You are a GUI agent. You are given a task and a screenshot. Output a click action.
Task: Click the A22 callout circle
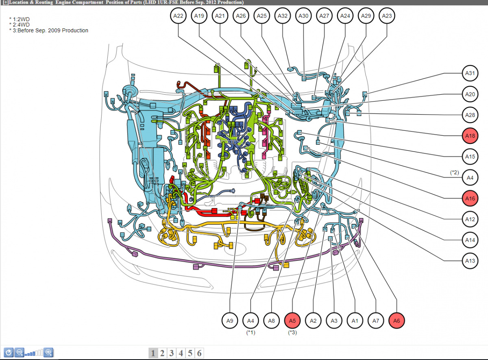pos(178,16)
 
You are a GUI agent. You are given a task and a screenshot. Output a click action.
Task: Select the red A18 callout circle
pos(470,136)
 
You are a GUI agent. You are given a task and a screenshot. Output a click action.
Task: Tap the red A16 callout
pos(470,198)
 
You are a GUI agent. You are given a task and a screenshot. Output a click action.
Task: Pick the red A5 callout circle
pos(292,321)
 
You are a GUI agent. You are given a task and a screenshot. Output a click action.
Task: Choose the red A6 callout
pos(396,321)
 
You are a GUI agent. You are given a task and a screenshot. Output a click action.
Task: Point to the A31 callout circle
pos(470,73)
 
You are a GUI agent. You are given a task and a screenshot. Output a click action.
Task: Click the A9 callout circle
pos(230,321)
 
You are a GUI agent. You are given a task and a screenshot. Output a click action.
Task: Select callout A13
pos(470,261)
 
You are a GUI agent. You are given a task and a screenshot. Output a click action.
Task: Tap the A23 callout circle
pos(387,16)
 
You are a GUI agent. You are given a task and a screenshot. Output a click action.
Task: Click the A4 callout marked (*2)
pos(470,178)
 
